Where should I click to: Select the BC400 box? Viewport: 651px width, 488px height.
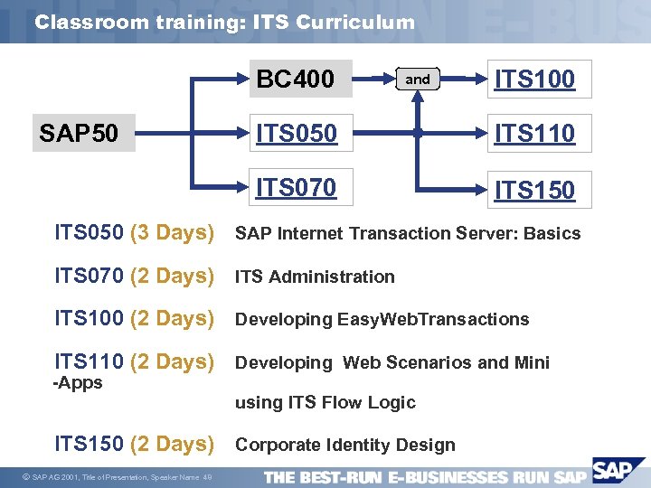(x=295, y=80)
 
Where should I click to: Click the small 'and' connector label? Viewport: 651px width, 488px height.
(x=418, y=80)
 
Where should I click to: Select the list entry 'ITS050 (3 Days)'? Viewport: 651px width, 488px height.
(x=134, y=233)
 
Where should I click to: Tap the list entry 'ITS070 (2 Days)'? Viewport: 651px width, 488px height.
(x=134, y=276)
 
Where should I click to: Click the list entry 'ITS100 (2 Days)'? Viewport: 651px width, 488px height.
(x=134, y=318)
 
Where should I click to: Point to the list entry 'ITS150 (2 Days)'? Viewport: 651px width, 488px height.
(x=134, y=444)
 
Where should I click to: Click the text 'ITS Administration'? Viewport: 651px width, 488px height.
(x=315, y=277)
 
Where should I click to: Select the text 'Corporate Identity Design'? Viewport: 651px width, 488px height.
(x=344, y=445)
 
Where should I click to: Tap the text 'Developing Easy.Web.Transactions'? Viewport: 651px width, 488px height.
(x=382, y=319)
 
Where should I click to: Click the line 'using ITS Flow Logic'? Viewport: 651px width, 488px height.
(x=325, y=402)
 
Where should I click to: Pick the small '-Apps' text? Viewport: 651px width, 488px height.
(x=79, y=382)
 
